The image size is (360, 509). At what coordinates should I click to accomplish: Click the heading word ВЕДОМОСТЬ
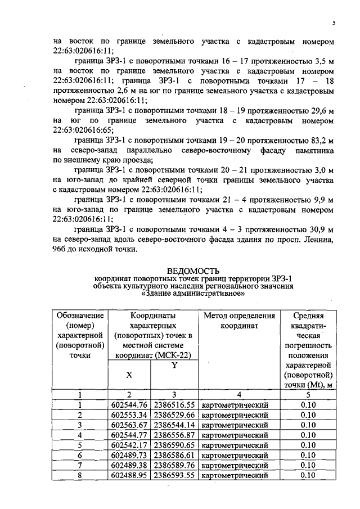click(193, 272)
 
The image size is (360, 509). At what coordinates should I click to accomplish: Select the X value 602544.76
click(129, 404)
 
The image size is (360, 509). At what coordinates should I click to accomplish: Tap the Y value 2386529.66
click(174, 415)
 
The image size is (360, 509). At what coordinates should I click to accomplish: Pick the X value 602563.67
click(129, 425)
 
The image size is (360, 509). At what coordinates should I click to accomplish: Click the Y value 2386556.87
click(174, 435)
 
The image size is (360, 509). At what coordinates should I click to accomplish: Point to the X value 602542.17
click(129, 445)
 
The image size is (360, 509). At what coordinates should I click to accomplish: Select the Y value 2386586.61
click(174, 455)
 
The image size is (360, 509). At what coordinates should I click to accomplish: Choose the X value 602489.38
click(129, 465)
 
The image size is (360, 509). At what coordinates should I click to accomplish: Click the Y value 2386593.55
click(174, 475)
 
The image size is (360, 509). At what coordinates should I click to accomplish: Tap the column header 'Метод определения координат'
click(239, 320)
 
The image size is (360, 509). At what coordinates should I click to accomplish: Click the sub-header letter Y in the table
click(174, 366)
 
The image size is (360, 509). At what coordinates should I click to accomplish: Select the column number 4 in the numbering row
click(239, 394)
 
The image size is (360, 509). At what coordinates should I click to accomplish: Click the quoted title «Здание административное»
click(193, 293)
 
